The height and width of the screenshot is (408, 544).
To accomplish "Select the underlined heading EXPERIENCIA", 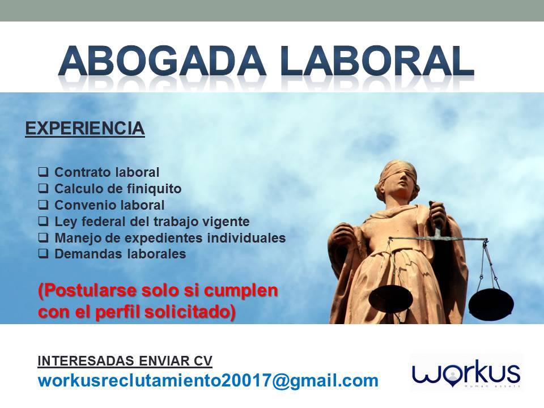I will (85, 129).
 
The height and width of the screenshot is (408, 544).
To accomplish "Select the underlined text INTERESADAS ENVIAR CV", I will (125, 360).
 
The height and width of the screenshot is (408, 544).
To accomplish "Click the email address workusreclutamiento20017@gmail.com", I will (207, 380).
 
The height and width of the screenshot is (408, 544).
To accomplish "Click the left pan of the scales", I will (390, 296).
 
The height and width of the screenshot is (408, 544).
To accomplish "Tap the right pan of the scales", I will (490, 301).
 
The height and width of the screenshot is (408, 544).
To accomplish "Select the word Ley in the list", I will (64, 221).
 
